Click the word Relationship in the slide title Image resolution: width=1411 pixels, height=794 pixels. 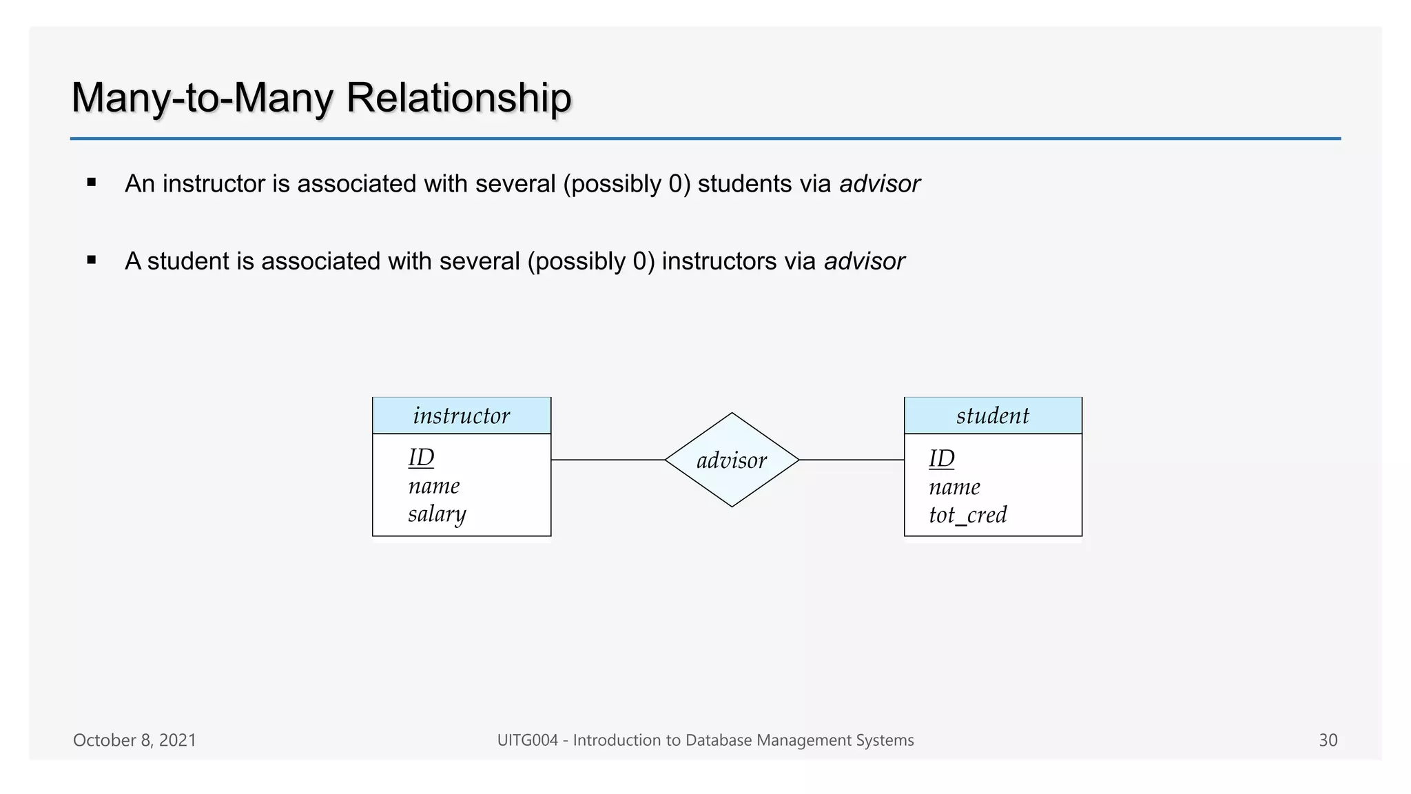[458, 97]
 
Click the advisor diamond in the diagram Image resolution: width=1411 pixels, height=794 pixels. [732, 460]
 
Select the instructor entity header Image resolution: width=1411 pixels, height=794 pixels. [462, 416]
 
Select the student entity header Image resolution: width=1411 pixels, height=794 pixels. [993, 416]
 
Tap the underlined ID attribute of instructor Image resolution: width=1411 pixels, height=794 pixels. [421, 458]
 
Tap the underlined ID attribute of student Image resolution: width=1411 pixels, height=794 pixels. [941, 458]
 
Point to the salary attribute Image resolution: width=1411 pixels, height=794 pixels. [437, 514]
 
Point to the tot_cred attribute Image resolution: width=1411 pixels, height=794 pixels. [967, 515]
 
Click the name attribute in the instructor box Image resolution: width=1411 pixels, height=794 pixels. [433, 486]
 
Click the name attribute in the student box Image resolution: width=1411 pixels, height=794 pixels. [954, 487]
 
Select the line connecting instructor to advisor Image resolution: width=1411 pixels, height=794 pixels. [608, 460]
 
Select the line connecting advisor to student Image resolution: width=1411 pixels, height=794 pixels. [852, 460]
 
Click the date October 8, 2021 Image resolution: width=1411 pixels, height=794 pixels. [134, 740]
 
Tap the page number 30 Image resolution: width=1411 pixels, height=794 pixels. [1328, 740]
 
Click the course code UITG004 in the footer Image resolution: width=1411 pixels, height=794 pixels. [527, 740]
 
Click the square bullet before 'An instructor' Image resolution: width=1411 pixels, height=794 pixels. [92, 183]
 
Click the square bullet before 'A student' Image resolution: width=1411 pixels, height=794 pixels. [92, 261]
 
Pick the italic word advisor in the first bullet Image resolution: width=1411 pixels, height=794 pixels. [879, 184]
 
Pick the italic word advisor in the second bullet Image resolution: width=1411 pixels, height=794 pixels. [864, 261]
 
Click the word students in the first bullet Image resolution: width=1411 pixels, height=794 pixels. [745, 184]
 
